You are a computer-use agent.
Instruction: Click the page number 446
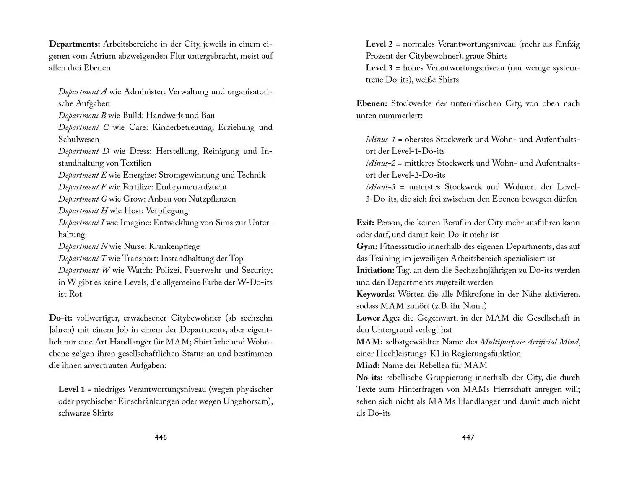click(x=161, y=437)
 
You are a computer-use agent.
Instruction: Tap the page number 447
click(x=468, y=437)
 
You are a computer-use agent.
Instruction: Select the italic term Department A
click(x=83, y=92)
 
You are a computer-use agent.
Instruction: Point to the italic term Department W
click(x=79, y=270)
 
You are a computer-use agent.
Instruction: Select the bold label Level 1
click(x=71, y=390)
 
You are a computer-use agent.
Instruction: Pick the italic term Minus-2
click(x=380, y=163)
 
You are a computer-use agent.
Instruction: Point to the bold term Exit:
click(x=365, y=223)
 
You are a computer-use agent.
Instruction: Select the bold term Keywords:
click(x=376, y=294)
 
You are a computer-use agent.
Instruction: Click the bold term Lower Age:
click(x=378, y=318)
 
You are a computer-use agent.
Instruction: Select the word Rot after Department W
click(x=76, y=294)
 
